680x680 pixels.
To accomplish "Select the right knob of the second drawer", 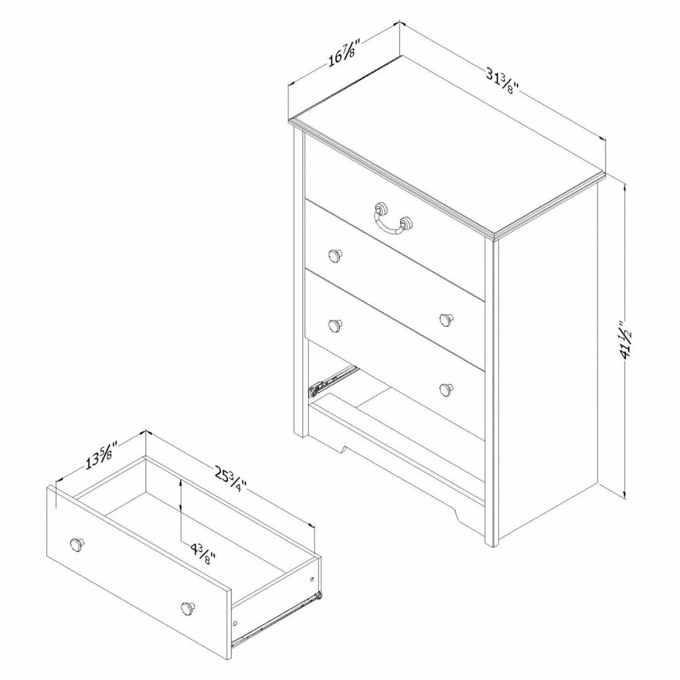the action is coord(446,319).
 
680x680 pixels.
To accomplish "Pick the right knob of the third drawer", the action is coord(446,389).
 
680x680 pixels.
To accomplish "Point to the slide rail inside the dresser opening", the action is coord(333,382).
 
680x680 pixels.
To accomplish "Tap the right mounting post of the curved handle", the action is coord(407,223).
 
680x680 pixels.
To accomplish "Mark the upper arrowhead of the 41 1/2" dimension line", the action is coord(625,188).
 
